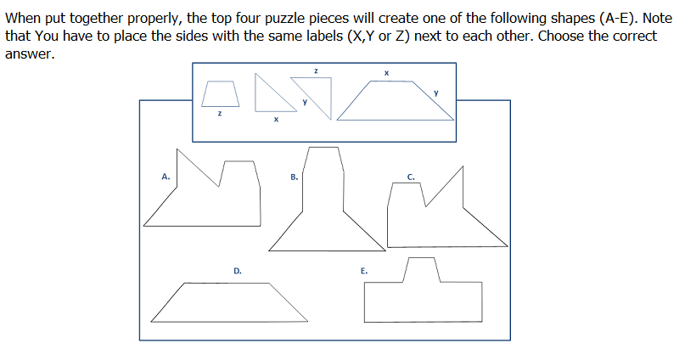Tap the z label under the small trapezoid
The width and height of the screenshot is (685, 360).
tap(220, 114)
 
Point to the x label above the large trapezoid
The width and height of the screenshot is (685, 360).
tap(386, 73)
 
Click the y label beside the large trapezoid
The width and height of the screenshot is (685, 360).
tap(436, 93)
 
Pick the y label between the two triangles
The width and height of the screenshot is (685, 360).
tap(305, 102)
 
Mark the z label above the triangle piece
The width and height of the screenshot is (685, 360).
tap(316, 70)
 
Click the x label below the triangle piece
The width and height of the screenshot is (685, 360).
tap(276, 119)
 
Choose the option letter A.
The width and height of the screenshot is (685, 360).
tap(166, 177)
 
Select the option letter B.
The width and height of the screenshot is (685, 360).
tap(294, 177)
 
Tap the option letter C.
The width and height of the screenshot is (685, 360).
tap(411, 177)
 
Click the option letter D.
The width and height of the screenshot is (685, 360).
tap(238, 271)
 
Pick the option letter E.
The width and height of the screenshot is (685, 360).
tap(364, 271)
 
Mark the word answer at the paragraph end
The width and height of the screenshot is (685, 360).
tap(30, 53)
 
